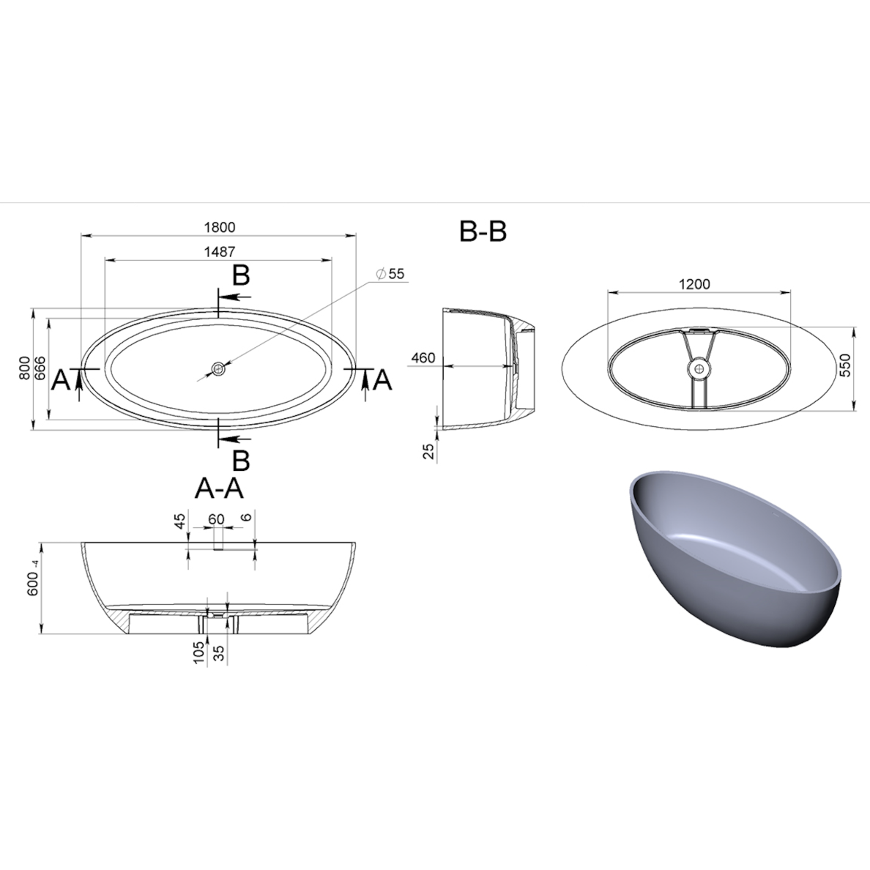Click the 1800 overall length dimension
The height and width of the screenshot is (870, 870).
[x=220, y=228]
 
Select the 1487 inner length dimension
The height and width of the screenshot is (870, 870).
[x=219, y=252]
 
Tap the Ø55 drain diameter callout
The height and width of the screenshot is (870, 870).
[x=390, y=274]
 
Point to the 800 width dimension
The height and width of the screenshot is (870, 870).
[x=24, y=368]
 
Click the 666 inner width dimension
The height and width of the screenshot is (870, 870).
[x=40, y=368]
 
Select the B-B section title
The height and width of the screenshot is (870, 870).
[x=483, y=231]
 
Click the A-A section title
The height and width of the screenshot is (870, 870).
[x=219, y=488]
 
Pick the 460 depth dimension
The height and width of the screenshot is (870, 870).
[x=423, y=358]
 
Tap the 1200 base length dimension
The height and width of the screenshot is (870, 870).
[x=694, y=284]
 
